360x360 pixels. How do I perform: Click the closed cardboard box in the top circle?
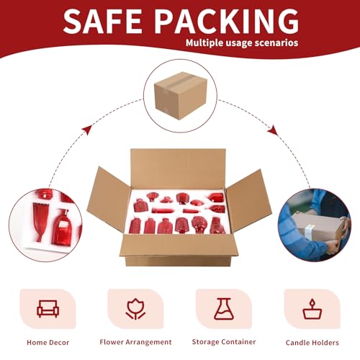tap(180, 96)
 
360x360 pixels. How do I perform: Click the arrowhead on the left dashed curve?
tap(87, 130)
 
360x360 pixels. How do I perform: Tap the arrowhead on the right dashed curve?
tap(273, 130)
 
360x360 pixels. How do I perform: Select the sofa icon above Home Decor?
tap(48, 309)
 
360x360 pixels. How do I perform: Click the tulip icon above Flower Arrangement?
tap(135, 309)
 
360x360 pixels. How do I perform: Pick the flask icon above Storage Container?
tap(224, 309)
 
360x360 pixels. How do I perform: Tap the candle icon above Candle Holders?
tap(312, 309)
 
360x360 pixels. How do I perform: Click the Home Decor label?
tap(48, 343)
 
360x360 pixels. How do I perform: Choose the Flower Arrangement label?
tap(135, 342)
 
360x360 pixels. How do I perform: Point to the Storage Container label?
tap(224, 342)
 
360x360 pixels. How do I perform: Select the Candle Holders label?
tap(312, 343)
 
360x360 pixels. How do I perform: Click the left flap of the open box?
tap(109, 199)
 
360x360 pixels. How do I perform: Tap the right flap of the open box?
tap(248, 200)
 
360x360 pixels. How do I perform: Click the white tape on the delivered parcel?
tap(310, 230)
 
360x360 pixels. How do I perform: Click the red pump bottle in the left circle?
tap(62, 227)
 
